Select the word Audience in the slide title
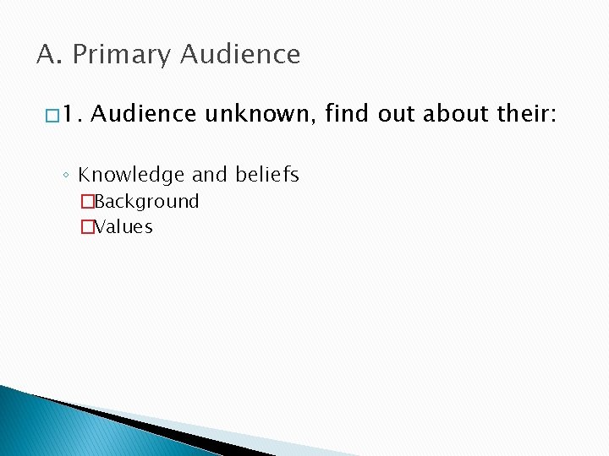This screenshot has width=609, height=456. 240,55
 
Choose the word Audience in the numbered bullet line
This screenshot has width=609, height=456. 143,115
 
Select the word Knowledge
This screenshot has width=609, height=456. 131,175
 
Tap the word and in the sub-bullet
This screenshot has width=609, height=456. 210,175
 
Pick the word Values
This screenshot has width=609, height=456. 123,226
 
